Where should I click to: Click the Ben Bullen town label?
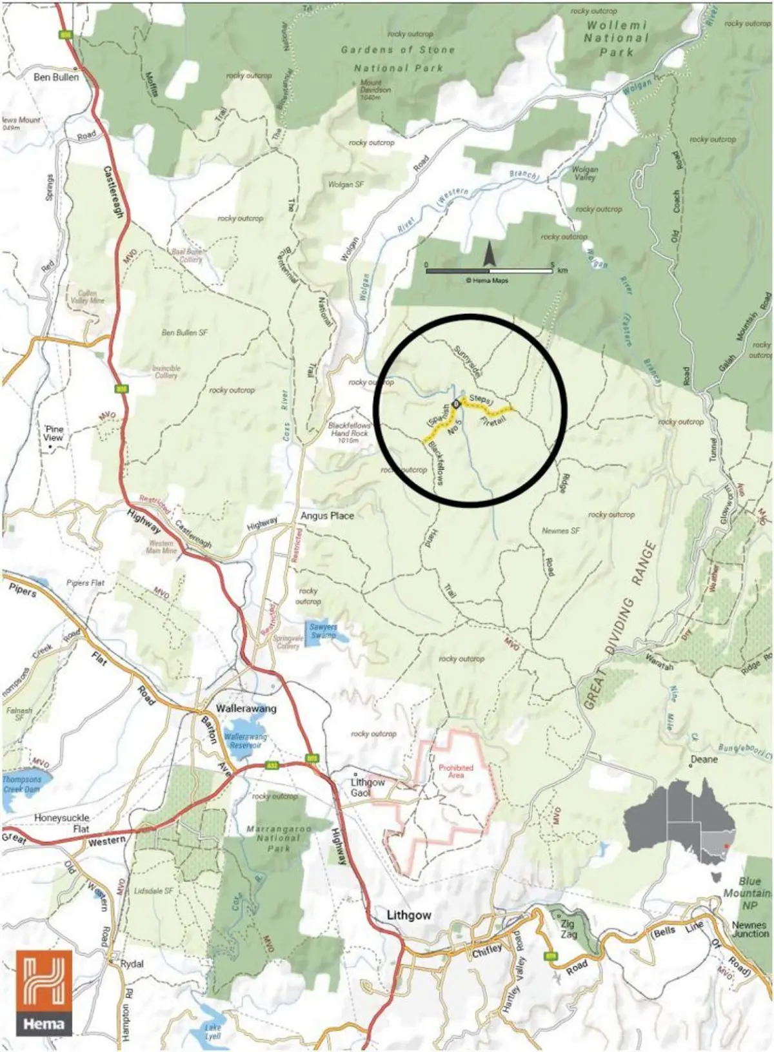pyautogui.click(x=56, y=77)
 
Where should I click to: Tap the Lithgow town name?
pyautogui.click(x=409, y=915)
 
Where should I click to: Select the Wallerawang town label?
pyautogui.click(x=246, y=708)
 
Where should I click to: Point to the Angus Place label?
pyautogui.click(x=327, y=516)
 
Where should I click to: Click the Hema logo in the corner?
pyautogui.click(x=45, y=993)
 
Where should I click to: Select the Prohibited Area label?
pyautogui.click(x=455, y=771)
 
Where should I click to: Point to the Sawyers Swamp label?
pyautogui.click(x=323, y=630)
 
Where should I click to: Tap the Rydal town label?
pyautogui.click(x=132, y=964)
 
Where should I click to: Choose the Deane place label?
pyautogui.click(x=704, y=759)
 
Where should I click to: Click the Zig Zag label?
pyautogui.click(x=568, y=929)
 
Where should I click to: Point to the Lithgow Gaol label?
pyautogui.click(x=367, y=787)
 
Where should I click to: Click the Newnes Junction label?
pyautogui.click(x=750, y=929)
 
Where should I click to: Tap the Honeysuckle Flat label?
pyautogui.click(x=62, y=823)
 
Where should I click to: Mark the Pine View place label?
pyautogui.click(x=54, y=433)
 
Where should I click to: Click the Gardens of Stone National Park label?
pyautogui.click(x=397, y=58)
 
